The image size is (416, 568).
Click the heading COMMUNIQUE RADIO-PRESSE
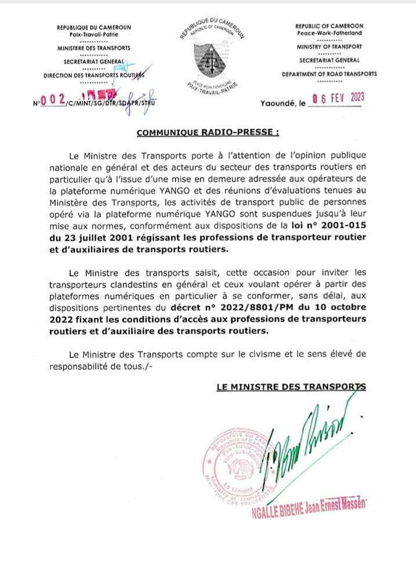tap(208, 133)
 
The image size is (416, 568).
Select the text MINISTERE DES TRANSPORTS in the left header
tap(93, 48)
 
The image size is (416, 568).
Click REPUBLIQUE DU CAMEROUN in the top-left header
tap(93, 27)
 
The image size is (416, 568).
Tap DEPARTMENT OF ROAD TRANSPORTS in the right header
tap(329, 74)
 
